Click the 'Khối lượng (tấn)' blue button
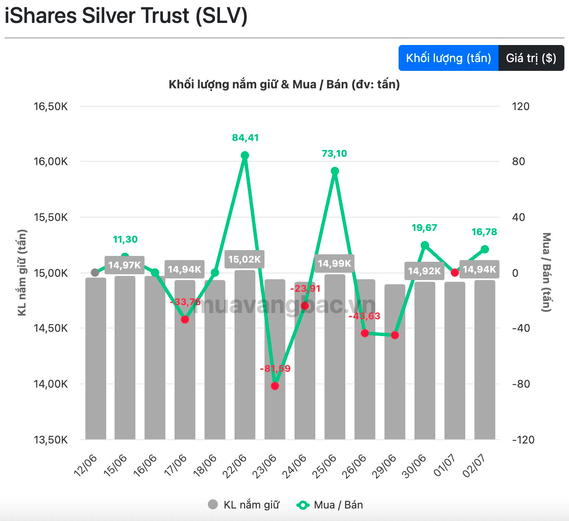(x=448, y=58)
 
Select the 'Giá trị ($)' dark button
(x=531, y=58)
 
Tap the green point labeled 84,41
(x=245, y=155)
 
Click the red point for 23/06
(x=275, y=386)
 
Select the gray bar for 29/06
(x=394, y=362)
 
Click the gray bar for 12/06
(x=95, y=358)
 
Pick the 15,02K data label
(x=244, y=259)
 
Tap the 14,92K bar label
(x=424, y=271)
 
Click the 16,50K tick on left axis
(x=51, y=106)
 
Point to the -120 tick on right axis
(x=523, y=439)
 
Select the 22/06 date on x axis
(x=234, y=466)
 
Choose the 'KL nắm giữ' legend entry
(x=244, y=505)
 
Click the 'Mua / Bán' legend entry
(x=329, y=505)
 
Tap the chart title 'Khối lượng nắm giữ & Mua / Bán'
(x=284, y=84)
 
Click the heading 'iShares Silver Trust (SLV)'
(x=126, y=15)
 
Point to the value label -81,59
(x=275, y=368)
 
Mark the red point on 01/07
(x=455, y=273)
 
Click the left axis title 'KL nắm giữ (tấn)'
(x=22, y=273)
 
